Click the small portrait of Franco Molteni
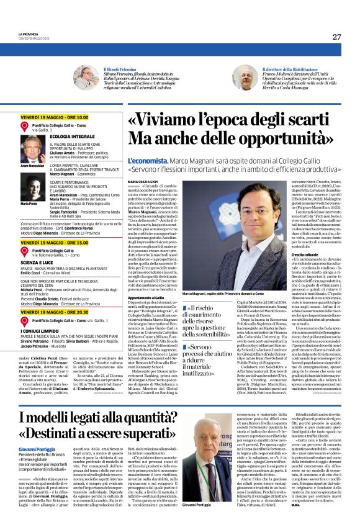coord(229,78)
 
